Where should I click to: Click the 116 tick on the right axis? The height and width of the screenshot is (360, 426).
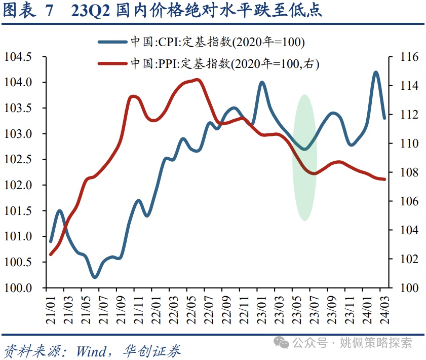point(408,57)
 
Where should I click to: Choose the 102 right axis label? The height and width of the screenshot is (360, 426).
point(408,259)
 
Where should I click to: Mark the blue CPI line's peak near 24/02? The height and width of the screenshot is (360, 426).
point(376,73)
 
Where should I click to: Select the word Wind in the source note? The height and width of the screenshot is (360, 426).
point(91,350)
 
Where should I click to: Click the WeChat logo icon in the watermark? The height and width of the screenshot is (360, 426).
point(282,343)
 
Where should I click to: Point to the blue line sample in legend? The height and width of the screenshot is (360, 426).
point(113,42)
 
